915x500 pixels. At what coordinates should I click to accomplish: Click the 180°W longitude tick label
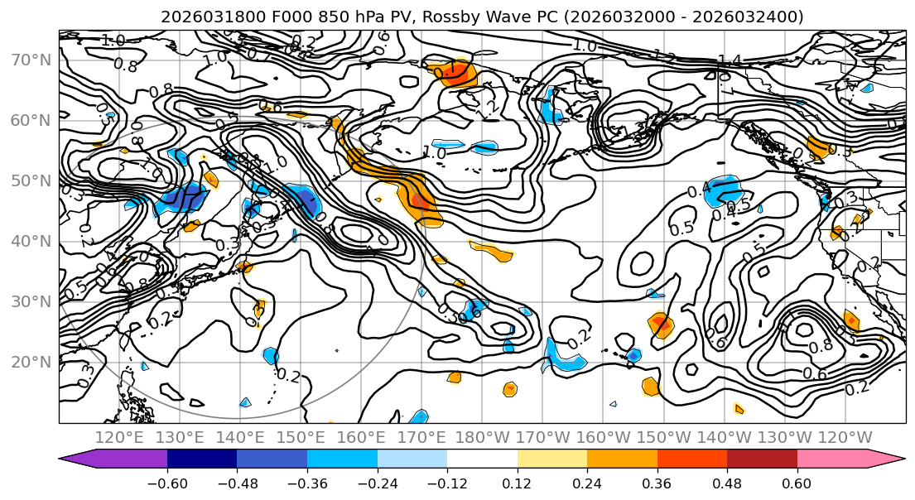(x=482, y=437)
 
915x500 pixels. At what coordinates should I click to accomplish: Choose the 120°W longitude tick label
(x=845, y=437)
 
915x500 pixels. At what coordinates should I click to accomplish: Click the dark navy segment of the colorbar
(x=202, y=459)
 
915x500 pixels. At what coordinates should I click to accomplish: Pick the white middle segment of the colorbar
(x=482, y=459)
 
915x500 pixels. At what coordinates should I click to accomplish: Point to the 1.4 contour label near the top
(x=730, y=60)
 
